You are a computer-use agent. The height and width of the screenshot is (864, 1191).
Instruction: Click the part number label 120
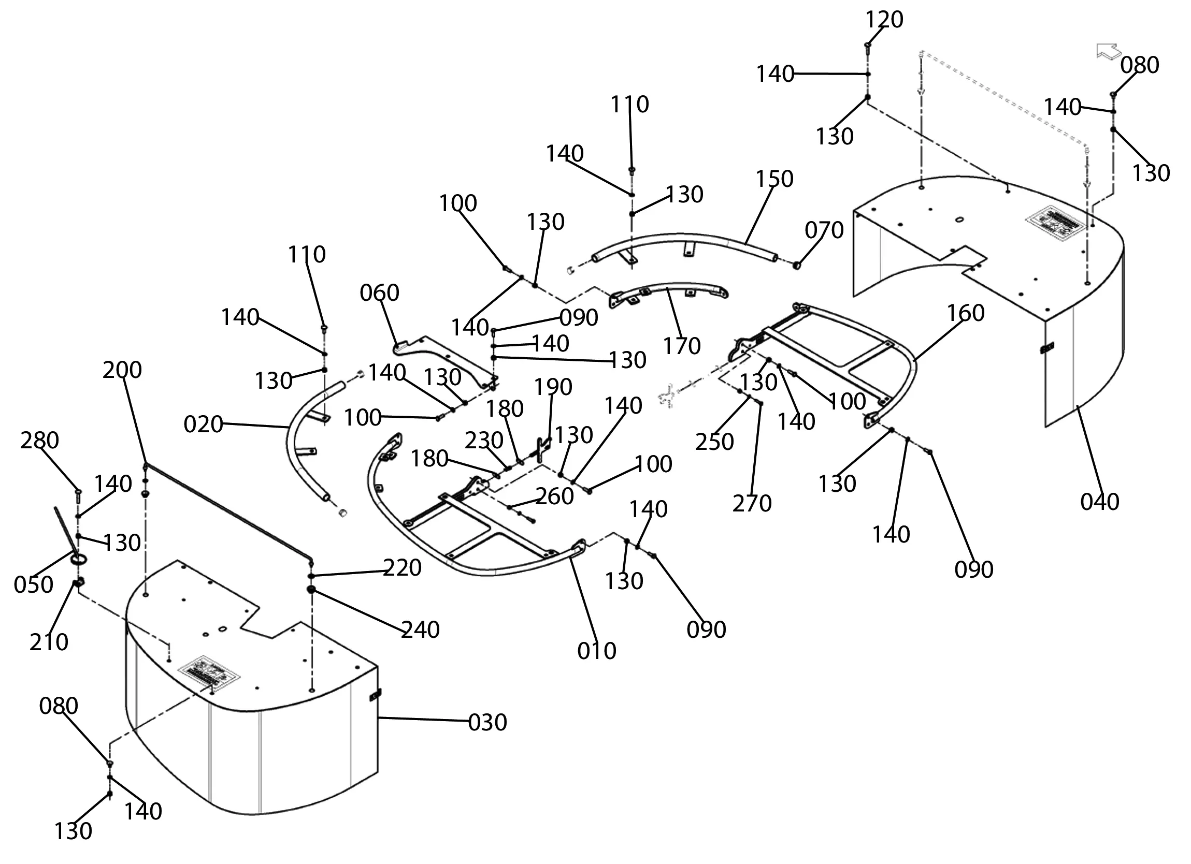click(x=884, y=20)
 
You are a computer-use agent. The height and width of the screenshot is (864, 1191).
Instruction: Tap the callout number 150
click(x=774, y=180)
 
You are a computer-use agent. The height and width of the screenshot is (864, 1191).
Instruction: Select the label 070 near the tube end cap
click(x=824, y=230)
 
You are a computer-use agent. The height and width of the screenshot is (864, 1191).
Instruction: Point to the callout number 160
click(x=965, y=313)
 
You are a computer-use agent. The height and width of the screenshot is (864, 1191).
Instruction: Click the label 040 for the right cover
click(x=1100, y=502)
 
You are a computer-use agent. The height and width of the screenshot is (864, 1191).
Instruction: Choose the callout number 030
click(x=487, y=723)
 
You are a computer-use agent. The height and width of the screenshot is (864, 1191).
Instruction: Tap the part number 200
click(x=122, y=371)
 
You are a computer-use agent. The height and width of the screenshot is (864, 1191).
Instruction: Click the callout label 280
click(x=39, y=441)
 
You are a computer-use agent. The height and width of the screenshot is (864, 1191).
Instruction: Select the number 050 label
click(x=33, y=585)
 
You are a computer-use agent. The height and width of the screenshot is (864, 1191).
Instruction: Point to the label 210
click(x=48, y=642)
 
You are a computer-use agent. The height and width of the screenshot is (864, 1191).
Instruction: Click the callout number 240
click(x=420, y=630)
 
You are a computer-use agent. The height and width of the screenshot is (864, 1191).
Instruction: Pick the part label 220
click(x=402, y=568)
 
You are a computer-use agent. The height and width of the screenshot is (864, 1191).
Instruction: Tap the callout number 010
click(x=597, y=651)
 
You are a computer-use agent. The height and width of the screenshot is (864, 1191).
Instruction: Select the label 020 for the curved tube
click(x=203, y=424)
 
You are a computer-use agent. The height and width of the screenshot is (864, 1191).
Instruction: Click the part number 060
click(x=379, y=293)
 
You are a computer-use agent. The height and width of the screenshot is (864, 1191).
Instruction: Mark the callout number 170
click(x=682, y=346)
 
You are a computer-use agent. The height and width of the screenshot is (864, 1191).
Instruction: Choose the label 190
click(x=553, y=387)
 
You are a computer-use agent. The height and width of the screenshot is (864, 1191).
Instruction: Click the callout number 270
click(x=752, y=504)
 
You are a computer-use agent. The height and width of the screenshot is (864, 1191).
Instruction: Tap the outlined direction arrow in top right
click(x=1108, y=52)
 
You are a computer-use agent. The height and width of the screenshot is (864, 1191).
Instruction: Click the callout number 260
click(x=554, y=496)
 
